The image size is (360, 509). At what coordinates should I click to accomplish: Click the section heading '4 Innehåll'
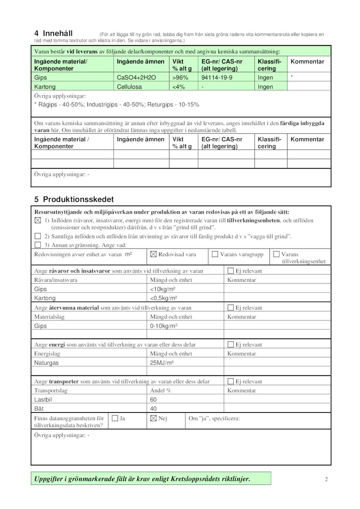tap(54, 33)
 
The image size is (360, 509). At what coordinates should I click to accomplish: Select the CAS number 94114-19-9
tap(217, 78)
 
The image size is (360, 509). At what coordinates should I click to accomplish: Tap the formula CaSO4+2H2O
tap(136, 78)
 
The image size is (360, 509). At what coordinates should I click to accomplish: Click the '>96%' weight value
tap(180, 78)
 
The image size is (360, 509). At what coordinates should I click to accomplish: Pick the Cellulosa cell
tap(129, 87)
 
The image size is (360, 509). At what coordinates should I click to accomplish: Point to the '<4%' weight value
tap(178, 87)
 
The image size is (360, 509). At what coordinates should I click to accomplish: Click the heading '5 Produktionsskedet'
tap(74, 199)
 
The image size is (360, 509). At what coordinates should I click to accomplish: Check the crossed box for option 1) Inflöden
tap(38, 220)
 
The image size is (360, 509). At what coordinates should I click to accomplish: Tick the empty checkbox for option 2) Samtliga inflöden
tap(38, 236)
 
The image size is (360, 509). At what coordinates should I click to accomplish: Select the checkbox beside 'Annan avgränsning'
tap(38, 245)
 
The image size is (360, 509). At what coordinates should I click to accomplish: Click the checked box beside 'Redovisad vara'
tap(153, 254)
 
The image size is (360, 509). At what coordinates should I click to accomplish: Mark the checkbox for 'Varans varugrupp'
tap(215, 254)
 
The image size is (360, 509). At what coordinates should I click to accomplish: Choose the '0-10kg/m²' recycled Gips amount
tap(163, 326)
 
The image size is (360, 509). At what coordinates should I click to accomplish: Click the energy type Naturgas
tap(46, 363)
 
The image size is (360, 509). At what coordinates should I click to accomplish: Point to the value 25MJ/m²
tap(162, 363)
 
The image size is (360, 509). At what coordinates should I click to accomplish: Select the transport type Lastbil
tap(43, 400)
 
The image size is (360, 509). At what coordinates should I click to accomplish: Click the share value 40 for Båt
tap(153, 409)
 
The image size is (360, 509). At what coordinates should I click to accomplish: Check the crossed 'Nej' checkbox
tap(153, 418)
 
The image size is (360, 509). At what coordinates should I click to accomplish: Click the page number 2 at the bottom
tap(326, 479)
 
